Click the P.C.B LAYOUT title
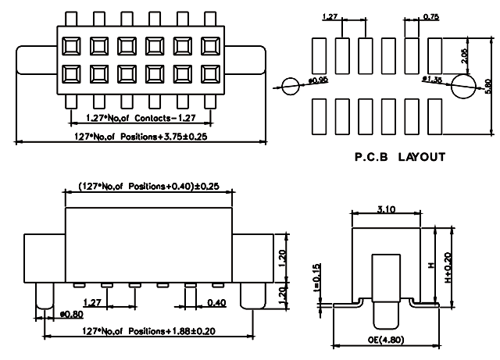tap(400, 157)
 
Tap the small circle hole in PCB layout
tap(288, 87)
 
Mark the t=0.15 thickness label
tap(316, 277)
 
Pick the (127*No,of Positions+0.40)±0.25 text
tap(148, 187)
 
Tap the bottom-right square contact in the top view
tap(211, 74)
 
